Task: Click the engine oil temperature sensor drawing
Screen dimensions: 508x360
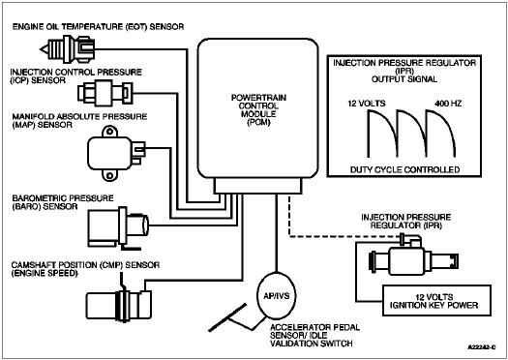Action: [68, 49]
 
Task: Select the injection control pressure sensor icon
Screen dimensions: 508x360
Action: [105, 93]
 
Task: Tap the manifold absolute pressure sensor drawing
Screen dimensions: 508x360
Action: [116, 153]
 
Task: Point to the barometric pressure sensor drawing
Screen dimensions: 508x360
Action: [118, 228]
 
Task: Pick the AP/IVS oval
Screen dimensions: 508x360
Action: [277, 295]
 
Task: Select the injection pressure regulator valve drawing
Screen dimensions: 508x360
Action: [414, 257]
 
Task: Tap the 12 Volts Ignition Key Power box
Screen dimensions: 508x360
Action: [436, 301]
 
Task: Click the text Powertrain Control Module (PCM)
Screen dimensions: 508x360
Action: [258, 110]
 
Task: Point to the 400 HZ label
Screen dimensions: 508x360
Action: [448, 104]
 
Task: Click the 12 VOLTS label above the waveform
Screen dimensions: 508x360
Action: [367, 104]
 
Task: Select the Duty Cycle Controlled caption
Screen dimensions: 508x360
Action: [405, 169]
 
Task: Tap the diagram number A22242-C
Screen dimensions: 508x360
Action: [482, 347]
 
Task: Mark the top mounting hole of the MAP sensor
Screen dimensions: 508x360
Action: [110, 132]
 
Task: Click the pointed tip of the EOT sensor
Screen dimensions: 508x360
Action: [41, 49]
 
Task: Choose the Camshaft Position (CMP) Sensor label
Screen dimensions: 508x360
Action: [85, 269]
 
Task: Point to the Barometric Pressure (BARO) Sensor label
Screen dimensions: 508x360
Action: [63, 202]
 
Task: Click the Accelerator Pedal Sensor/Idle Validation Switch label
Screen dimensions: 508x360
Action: [314, 336]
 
